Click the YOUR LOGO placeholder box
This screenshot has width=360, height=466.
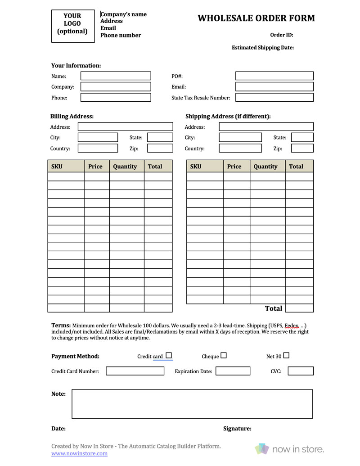point(73,26)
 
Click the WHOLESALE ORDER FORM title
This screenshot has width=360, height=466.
point(256,18)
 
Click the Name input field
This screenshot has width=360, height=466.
point(116,76)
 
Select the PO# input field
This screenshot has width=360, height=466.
point(274,76)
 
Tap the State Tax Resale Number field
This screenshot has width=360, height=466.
point(274,97)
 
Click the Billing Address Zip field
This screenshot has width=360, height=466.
point(160,148)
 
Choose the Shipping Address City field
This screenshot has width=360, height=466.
point(240,137)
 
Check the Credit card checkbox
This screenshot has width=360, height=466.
point(169,355)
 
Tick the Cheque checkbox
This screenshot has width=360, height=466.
point(224,355)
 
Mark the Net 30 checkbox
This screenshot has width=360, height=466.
point(286,355)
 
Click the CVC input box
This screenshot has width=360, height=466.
point(300,371)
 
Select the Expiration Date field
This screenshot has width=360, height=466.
point(233,371)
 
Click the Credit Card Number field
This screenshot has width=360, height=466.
point(135,371)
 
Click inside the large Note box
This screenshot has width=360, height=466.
point(192,404)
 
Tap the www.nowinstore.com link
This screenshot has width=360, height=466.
point(79,453)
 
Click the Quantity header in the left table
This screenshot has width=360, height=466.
point(125,167)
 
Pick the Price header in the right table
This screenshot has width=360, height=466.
point(234,167)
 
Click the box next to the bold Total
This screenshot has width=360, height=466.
point(299,308)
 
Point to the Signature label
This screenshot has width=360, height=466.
point(237,429)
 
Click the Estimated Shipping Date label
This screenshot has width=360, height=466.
point(263,47)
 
